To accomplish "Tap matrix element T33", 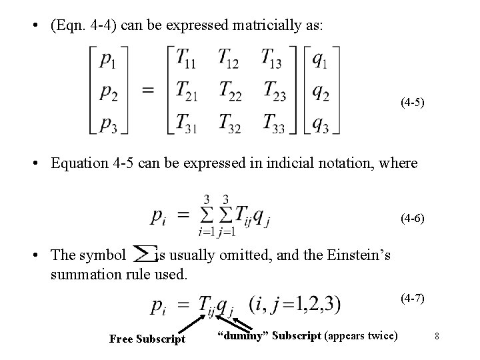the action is [x=274, y=123].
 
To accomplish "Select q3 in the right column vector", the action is [x=321, y=124].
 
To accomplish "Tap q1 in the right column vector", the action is [x=320, y=61].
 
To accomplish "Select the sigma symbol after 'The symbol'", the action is [x=141, y=254].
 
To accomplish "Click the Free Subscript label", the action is [x=147, y=339].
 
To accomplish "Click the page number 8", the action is [x=437, y=337].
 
